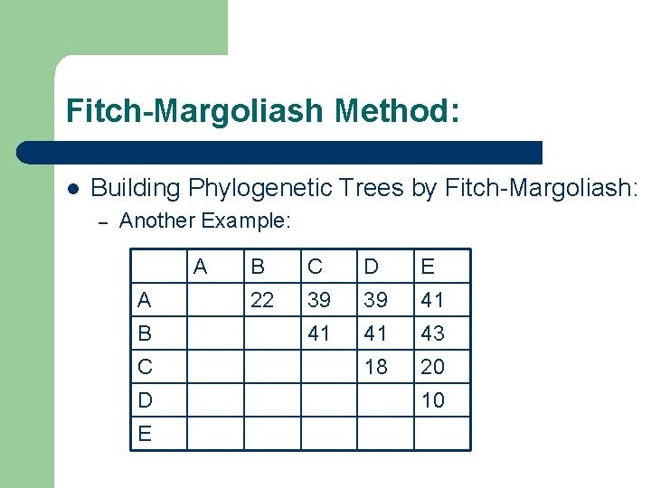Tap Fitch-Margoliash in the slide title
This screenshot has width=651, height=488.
[x=194, y=111]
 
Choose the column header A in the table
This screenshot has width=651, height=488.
[x=201, y=267]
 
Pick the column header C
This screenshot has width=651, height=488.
[x=315, y=267]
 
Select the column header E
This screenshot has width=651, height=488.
[x=429, y=267]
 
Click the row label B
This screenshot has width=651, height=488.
[x=146, y=333]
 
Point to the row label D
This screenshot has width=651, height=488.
[x=146, y=400]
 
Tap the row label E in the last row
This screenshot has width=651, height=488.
[x=146, y=434]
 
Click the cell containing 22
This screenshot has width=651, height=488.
[x=262, y=300]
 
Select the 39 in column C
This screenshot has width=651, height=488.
[x=319, y=300]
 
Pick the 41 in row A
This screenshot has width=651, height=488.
[x=433, y=300]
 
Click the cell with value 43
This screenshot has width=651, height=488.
[x=433, y=333]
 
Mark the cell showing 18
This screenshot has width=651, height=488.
[x=376, y=367]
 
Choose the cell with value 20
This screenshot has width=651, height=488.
[x=433, y=367]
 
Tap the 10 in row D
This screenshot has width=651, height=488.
[x=433, y=400]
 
